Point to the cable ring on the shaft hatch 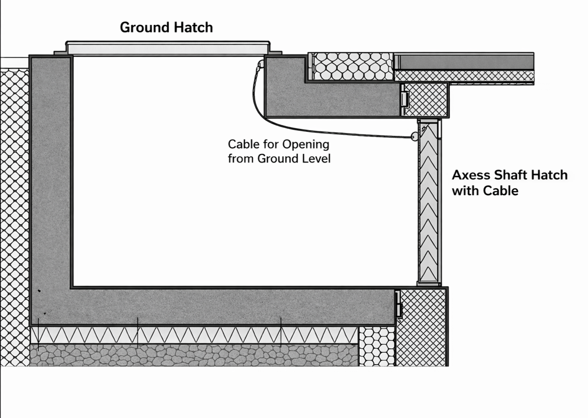[414, 137]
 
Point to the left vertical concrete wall [50, 174]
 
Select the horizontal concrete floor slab [232, 305]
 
